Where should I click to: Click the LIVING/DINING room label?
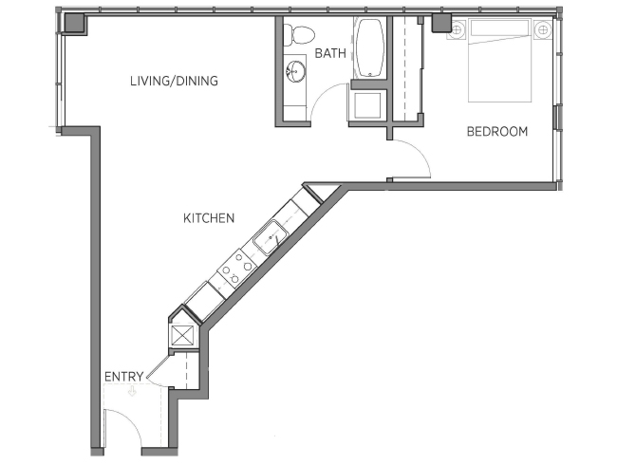pos(174,81)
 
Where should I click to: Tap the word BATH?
pos(330,53)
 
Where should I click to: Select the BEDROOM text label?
pos(497,131)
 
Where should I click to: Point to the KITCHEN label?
pos(209,218)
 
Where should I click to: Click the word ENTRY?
pos(124,377)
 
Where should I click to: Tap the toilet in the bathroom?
pos(299,34)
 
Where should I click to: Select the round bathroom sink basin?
pos(295,71)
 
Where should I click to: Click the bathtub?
pos(370,47)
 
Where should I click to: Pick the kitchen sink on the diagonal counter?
pos(271,238)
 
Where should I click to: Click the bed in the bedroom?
pos(499,60)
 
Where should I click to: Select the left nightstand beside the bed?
pos(458,30)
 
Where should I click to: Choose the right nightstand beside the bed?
pos(543,29)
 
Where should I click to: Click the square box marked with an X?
pos(182,336)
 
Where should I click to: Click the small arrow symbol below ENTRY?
pos(132,391)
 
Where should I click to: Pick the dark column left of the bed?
pos(442,23)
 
